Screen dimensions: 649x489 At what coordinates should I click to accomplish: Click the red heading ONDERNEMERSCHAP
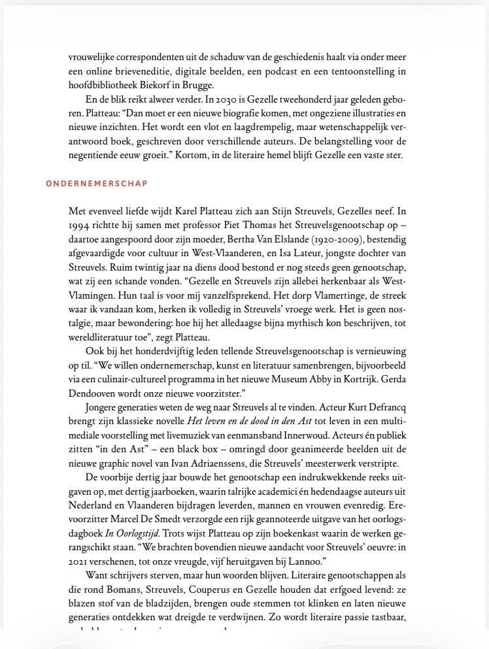pos(97,183)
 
